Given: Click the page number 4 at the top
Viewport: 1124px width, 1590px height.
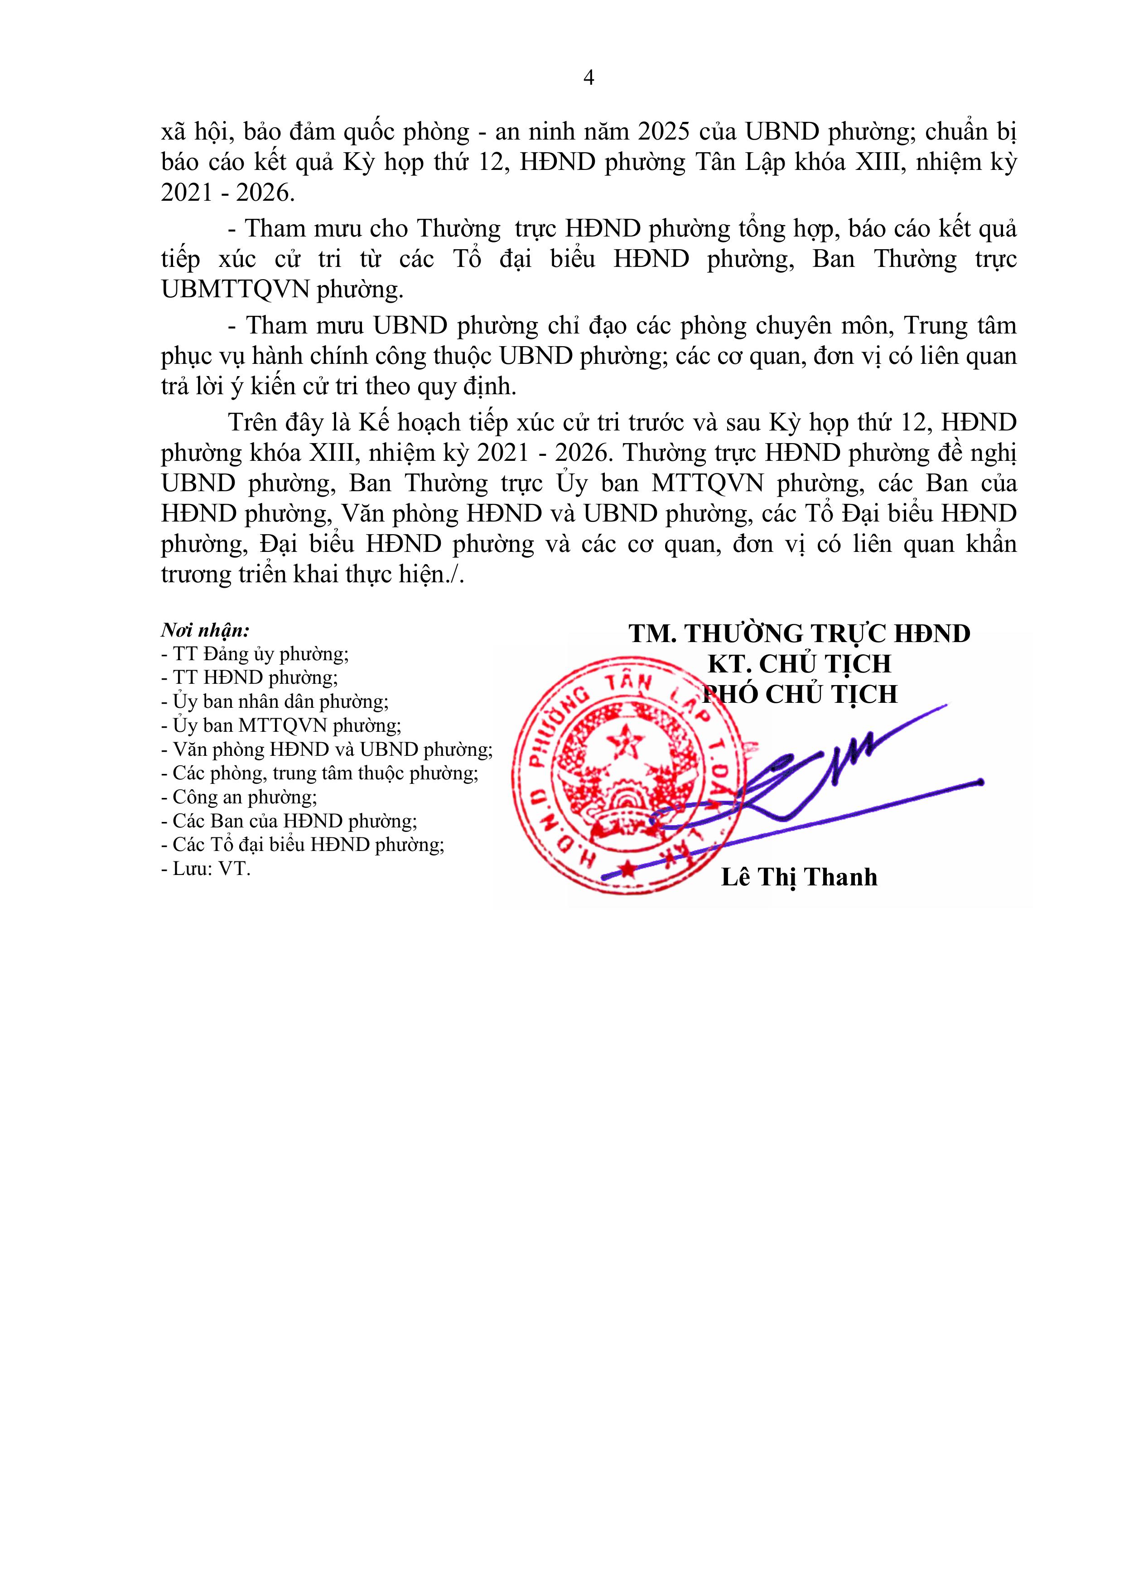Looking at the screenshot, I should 589,78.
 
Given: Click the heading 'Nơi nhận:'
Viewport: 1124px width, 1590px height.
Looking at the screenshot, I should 205,630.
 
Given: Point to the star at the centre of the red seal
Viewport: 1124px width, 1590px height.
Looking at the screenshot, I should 628,742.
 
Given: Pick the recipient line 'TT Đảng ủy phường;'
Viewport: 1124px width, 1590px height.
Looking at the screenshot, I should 255,654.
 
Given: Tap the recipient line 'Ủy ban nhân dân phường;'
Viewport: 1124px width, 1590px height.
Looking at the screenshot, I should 275,701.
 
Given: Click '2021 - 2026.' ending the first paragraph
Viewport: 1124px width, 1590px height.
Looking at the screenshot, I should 228,193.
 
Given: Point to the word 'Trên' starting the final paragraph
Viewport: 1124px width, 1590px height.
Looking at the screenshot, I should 253,422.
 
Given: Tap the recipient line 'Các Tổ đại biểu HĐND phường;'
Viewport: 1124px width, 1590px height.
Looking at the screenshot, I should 303,845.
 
